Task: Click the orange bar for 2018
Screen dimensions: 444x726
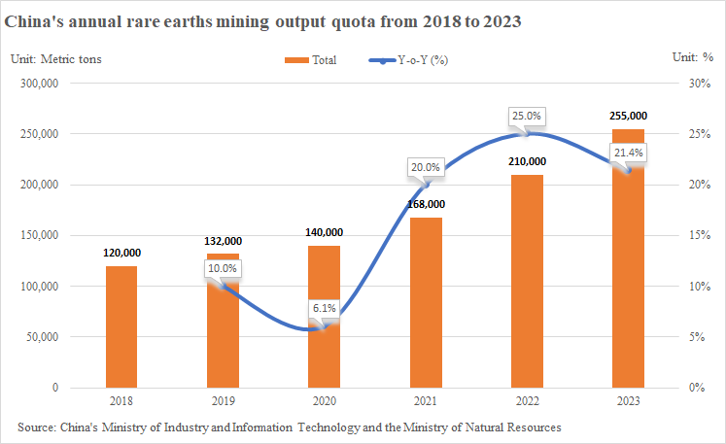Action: click(x=121, y=326)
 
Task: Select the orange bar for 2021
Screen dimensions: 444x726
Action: click(x=425, y=302)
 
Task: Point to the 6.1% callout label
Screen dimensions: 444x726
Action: click(x=324, y=308)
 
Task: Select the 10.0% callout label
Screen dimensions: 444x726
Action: click(x=223, y=268)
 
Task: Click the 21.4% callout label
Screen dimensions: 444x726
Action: click(x=627, y=153)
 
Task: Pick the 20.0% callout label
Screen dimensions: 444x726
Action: click(x=425, y=167)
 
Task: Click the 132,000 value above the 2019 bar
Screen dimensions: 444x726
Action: click(x=223, y=241)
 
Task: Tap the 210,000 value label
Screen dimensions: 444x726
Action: click(x=526, y=161)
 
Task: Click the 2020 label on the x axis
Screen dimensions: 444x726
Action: click(x=324, y=400)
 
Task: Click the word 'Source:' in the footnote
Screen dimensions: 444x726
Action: click(x=37, y=427)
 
